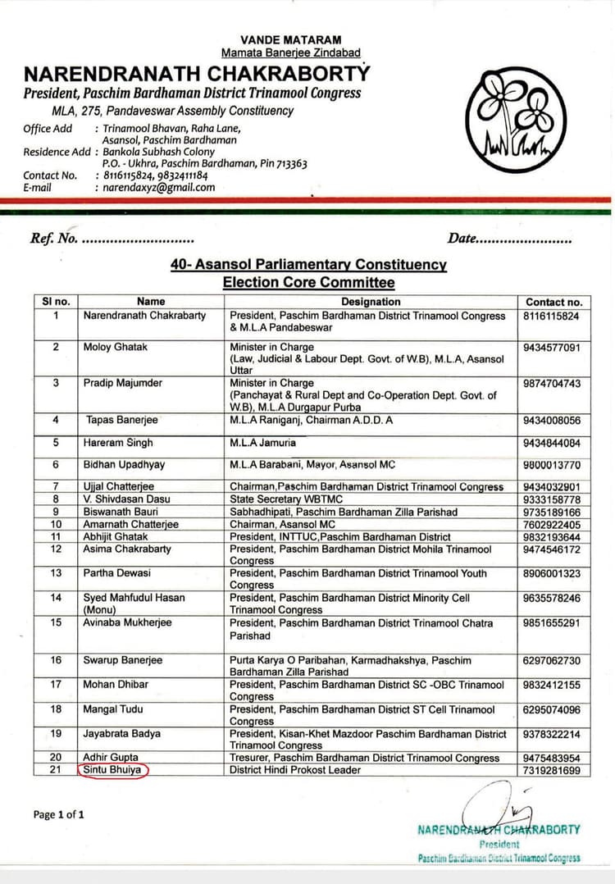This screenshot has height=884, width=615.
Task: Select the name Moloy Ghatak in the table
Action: (x=116, y=347)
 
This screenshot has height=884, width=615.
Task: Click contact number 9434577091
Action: (x=552, y=348)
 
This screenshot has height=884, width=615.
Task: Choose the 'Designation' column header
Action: (x=371, y=302)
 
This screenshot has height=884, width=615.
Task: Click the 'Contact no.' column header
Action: (x=553, y=302)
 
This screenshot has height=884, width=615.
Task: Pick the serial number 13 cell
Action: (x=56, y=573)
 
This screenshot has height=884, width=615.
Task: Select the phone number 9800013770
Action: (x=552, y=465)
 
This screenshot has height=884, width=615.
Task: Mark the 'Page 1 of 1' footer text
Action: (x=58, y=814)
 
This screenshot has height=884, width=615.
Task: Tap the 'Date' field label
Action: (x=462, y=239)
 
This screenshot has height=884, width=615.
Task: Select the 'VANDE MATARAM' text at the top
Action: (x=291, y=39)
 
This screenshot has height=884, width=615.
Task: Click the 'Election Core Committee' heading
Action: (x=308, y=283)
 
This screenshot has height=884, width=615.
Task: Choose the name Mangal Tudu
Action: (x=113, y=709)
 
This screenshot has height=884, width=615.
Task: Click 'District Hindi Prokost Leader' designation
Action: (x=294, y=771)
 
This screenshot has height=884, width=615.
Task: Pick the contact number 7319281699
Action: (x=552, y=771)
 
